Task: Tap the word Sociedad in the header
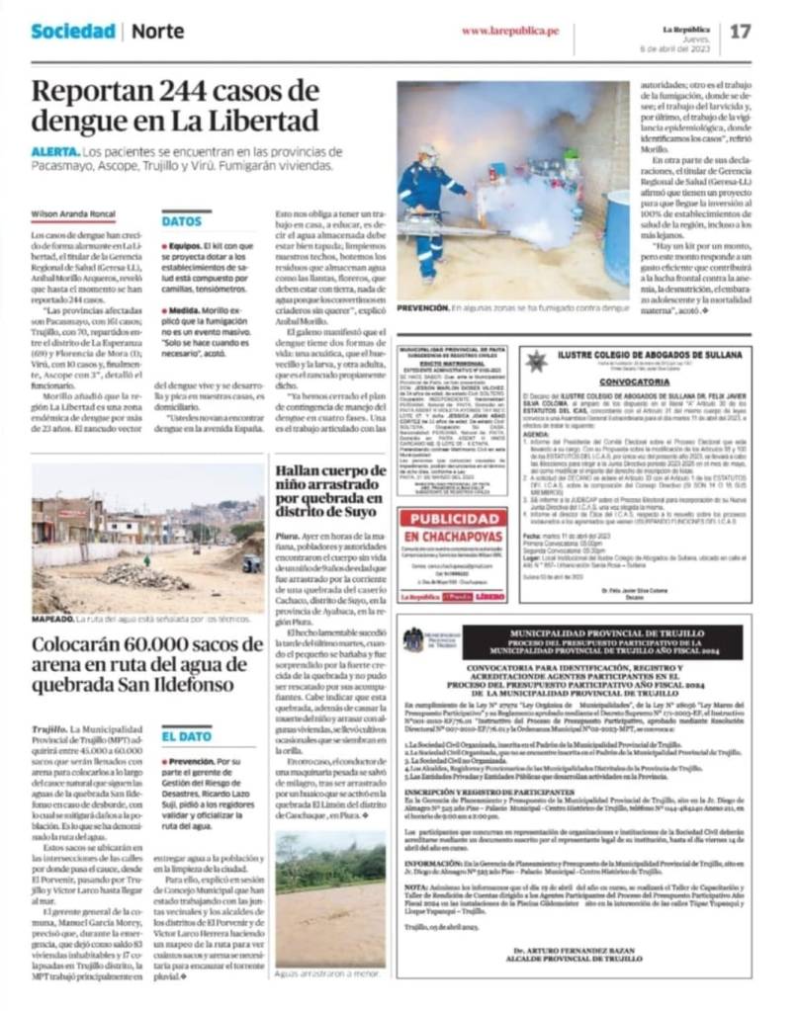pyautogui.click(x=72, y=31)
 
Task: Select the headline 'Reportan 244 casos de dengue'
pyautogui.click(x=175, y=106)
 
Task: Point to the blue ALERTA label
pyautogui.click(x=54, y=152)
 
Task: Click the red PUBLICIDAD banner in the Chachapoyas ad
pyautogui.click(x=453, y=527)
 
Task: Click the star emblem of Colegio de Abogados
pyautogui.click(x=537, y=361)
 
